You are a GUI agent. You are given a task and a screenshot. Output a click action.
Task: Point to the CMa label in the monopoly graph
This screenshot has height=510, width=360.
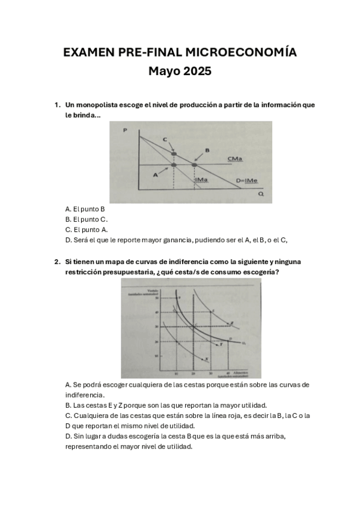click(x=235, y=158)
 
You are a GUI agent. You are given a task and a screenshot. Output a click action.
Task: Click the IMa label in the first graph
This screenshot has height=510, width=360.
click(x=201, y=180)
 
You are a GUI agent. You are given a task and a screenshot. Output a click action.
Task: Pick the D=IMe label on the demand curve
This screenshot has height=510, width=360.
click(x=246, y=180)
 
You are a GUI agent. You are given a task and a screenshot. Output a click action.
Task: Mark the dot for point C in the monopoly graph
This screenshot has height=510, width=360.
click(x=174, y=152)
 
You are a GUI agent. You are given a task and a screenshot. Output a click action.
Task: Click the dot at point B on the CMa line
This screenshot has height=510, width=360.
click(x=195, y=164)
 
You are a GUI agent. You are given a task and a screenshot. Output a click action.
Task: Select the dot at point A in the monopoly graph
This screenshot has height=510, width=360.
click(x=174, y=164)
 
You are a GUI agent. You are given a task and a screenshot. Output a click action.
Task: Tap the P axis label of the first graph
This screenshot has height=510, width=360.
click(x=124, y=129)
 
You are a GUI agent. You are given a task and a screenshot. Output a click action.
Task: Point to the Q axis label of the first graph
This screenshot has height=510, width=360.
click(x=260, y=194)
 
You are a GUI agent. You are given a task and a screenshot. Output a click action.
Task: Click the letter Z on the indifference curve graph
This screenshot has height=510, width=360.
click(x=232, y=324)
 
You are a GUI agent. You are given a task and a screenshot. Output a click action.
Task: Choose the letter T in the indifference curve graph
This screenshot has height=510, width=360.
click(x=221, y=345)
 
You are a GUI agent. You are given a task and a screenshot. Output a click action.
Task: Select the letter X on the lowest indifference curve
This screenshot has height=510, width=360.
click(x=206, y=358)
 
